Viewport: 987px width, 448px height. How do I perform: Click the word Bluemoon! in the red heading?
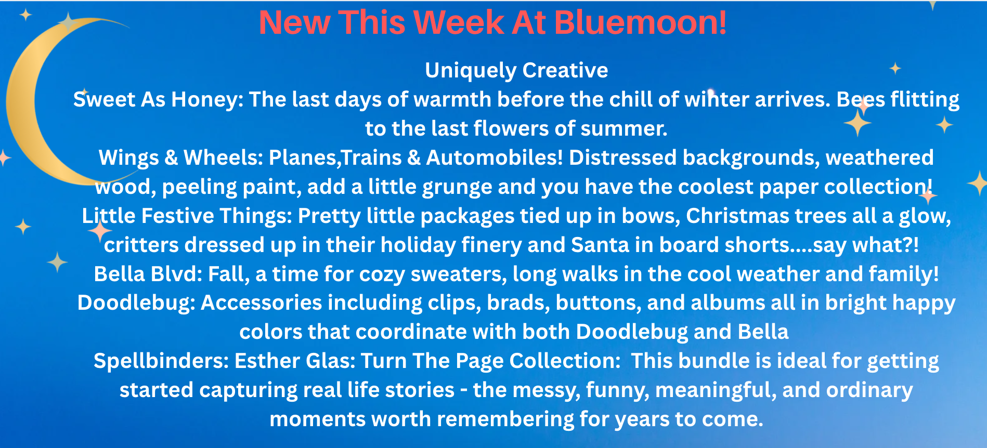(x=640, y=23)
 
